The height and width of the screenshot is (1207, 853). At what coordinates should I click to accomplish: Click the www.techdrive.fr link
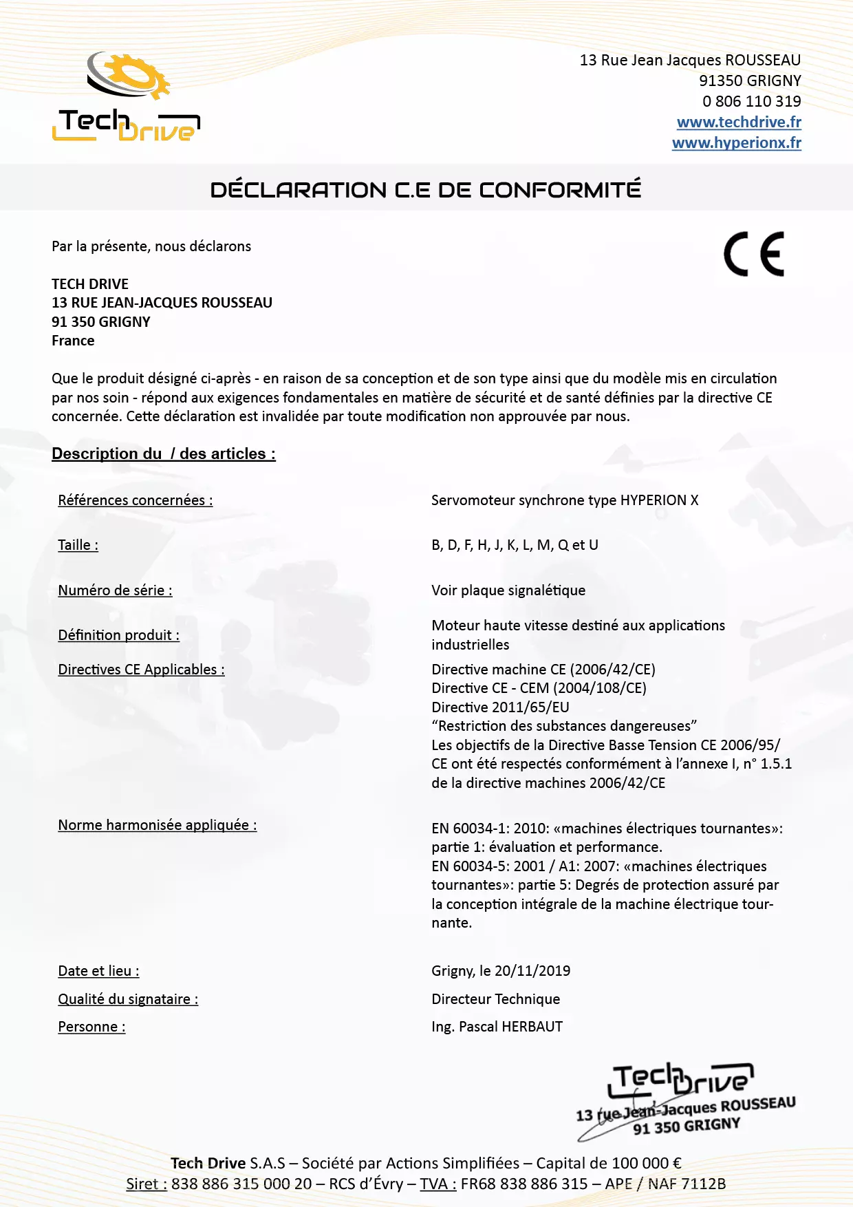click(739, 122)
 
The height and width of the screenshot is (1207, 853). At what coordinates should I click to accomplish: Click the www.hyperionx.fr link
click(736, 143)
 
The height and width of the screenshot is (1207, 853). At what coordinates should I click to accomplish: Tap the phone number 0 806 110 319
click(751, 102)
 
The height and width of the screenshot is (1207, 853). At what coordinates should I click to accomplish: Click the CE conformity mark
click(754, 255)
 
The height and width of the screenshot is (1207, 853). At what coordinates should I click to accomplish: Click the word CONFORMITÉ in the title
click(560, 190)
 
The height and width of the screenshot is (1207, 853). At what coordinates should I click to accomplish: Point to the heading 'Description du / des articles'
click(164, 454)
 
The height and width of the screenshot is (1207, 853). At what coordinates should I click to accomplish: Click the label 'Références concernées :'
click(136, 501)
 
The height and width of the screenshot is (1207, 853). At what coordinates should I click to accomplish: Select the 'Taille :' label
click(78, 546)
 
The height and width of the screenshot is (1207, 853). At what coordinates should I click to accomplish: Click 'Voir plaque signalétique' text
click(508, 590)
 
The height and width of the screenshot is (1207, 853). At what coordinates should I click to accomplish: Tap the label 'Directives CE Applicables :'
click(141, 670)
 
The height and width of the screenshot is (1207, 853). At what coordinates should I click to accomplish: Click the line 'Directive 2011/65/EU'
click(500, 707)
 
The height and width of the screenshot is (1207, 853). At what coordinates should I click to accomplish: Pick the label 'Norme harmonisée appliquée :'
click(158, 825)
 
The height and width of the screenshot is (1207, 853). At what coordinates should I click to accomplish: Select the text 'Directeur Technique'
click(495, 999)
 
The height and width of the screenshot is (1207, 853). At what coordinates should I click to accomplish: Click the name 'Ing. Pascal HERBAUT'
click(497, 1027)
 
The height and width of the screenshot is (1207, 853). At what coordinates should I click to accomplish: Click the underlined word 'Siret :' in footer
click(147, 1184)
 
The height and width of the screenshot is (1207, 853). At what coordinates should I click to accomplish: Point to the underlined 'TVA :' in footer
click(438, 1184)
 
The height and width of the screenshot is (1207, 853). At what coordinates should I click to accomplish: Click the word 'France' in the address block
click(73, 341)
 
